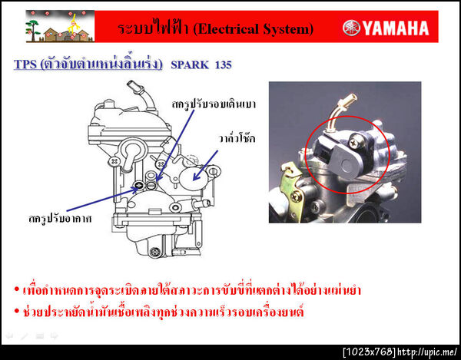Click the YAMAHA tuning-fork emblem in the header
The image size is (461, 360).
pyautogui.click(x=353, y=28)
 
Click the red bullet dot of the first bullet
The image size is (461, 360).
pyautogui.click(x=16, y=291)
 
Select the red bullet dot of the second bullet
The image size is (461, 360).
pyautogui.click(x=16, y=312)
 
